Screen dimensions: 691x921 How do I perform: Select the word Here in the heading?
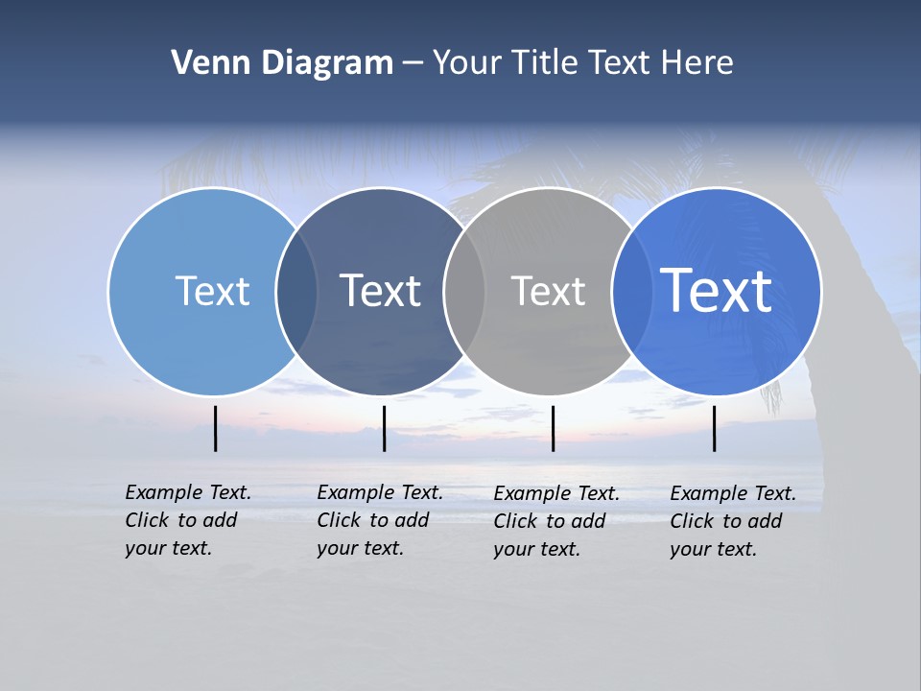tap(697, 63)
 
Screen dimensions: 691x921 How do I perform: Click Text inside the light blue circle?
tap(212, 291)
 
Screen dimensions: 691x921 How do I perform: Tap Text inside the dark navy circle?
tap(380, 291)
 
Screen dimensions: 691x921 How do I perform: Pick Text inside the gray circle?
tap(548, 291)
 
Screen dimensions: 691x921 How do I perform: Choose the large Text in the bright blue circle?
tap(716, 291)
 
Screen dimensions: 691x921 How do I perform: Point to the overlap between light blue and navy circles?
tap(296, 292)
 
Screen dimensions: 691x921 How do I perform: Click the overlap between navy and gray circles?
tap(464, 292)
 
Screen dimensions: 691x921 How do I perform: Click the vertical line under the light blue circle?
tap(216, 428)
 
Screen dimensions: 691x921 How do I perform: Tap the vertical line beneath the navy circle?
tap(384, 428)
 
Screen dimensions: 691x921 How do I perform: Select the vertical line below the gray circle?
tap(553, 428)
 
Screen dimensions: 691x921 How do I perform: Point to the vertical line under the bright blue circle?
tap(715, 428)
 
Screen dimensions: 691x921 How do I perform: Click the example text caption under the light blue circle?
tap(187, 520)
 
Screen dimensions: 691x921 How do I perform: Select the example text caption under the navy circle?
tap(379, 520)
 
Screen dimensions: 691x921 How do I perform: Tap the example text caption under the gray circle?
tap(555, 521)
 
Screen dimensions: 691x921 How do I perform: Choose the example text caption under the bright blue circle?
tap(732, 521)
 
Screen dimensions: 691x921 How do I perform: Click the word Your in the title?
tap(466, 63)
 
